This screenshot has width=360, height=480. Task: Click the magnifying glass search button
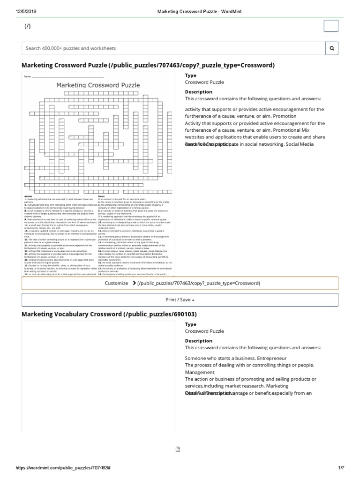[x=332, y=48]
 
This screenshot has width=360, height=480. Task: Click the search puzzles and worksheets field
[x=173, y=48]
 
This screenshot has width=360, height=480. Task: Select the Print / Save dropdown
[x=180, y=300]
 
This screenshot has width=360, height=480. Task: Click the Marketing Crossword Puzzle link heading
[x=148, y=65]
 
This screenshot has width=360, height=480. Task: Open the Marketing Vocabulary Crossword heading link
[x=109, y=314]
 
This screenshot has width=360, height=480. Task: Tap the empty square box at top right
[x=331, y=26]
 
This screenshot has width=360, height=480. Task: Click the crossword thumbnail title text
[x=98, y=85]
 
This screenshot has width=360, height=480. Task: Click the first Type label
[x=190, y=75]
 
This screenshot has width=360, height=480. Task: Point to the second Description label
[x=198, y=341]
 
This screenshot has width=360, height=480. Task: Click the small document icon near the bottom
[x=178, y=449]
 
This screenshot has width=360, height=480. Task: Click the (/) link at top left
[x=28, y=26]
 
